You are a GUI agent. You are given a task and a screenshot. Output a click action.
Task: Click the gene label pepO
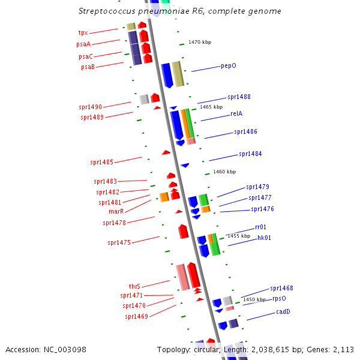[x=229, y=65]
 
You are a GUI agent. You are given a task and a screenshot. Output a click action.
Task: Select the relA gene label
[x=236, y=113]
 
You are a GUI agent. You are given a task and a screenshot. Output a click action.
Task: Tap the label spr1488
[x=239, y=97]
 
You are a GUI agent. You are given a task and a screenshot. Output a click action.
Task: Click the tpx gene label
[x=83, y=32]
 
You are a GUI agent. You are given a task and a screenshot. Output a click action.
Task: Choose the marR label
[x=116, y=211]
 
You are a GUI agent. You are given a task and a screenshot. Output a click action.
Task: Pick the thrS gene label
[x=134, y=286]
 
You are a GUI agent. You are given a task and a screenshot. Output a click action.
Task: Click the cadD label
[x=283, y=311]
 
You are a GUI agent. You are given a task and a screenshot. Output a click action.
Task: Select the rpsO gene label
[x=279, y=298]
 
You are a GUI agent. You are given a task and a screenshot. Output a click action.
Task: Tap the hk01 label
[x=264, y=238]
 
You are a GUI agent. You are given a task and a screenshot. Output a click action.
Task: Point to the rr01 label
[x=260, y=227]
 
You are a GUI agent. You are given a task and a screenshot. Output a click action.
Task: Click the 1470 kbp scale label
[x=200, y=42]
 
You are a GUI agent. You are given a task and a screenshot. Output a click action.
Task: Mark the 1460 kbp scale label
[x=224, y=172]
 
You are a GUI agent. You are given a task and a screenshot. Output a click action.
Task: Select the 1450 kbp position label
[x=254, y=299]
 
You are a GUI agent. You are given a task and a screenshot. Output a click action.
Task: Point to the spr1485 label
[x=101, y=162]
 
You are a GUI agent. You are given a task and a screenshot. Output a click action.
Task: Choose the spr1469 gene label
[x=136, y=316]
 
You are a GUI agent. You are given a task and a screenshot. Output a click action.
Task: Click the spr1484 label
[x=250, y=154]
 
